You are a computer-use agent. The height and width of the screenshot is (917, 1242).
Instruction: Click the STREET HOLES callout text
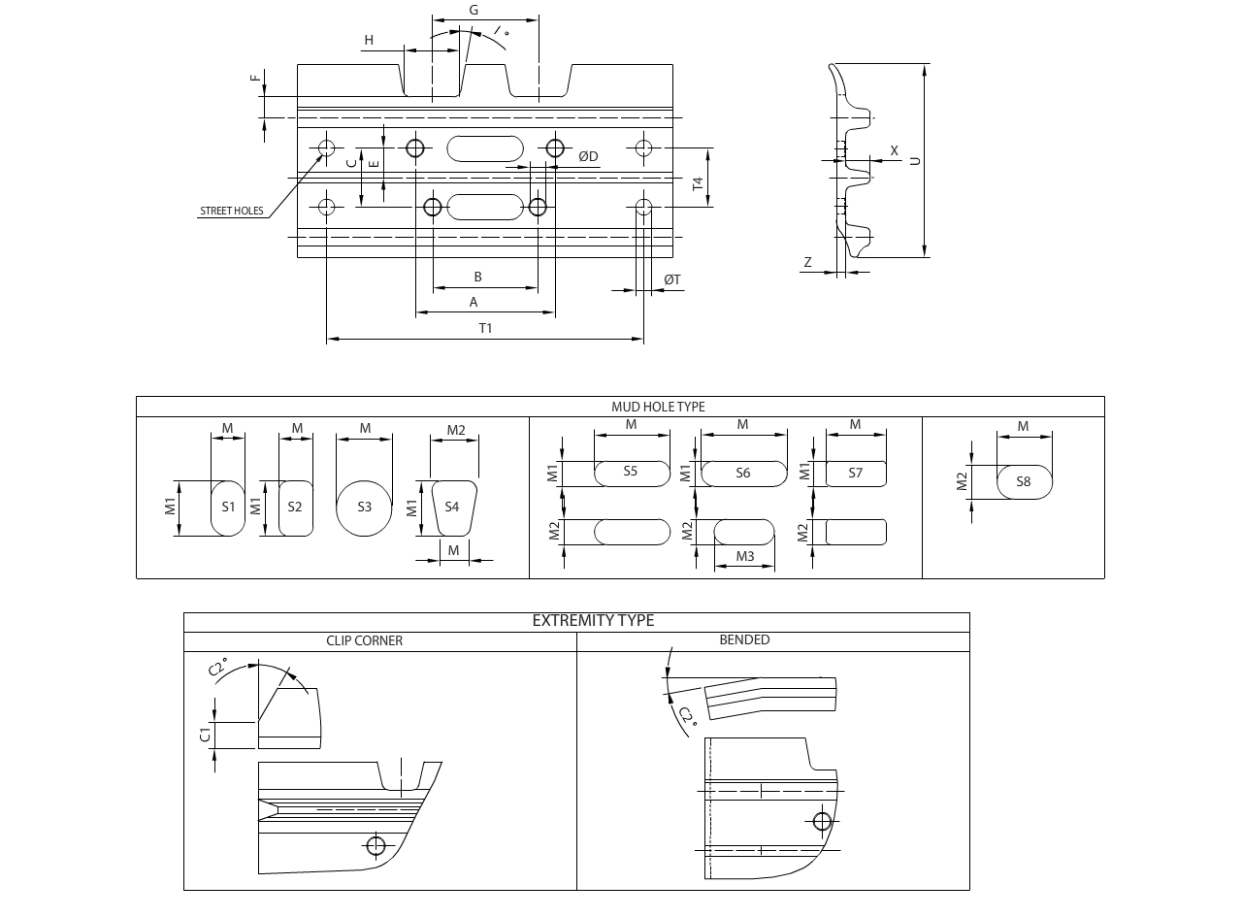231,211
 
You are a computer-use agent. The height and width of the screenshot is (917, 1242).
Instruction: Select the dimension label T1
485,328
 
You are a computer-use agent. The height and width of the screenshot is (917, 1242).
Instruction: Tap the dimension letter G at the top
474,10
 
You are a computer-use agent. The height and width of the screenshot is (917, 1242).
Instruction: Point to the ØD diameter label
588,156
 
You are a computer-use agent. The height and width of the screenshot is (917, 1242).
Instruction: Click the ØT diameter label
672,279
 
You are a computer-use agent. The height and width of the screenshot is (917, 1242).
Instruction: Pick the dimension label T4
698,182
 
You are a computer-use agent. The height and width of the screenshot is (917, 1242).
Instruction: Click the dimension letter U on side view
914,160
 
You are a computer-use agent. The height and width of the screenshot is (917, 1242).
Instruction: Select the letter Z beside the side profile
807,262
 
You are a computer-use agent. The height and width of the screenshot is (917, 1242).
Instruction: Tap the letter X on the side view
895,150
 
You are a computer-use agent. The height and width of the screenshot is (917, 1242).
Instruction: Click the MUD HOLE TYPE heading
658,407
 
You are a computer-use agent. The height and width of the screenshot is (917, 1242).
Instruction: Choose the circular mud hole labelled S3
364,507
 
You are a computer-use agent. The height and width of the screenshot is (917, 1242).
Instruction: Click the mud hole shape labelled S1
228,507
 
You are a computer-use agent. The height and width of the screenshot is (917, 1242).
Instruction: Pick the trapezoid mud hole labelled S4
452,507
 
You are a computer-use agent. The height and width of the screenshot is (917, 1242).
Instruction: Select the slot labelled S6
743,474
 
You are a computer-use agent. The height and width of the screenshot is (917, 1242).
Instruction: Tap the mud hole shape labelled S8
1024,481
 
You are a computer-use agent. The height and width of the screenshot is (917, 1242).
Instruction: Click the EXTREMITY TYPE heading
593,621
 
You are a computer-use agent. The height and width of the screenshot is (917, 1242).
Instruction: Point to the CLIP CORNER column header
364,640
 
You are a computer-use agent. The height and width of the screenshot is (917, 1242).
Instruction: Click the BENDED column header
744,640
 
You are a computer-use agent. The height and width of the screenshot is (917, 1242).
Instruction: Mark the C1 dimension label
205,734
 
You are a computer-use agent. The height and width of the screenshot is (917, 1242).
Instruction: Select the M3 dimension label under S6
745,556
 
